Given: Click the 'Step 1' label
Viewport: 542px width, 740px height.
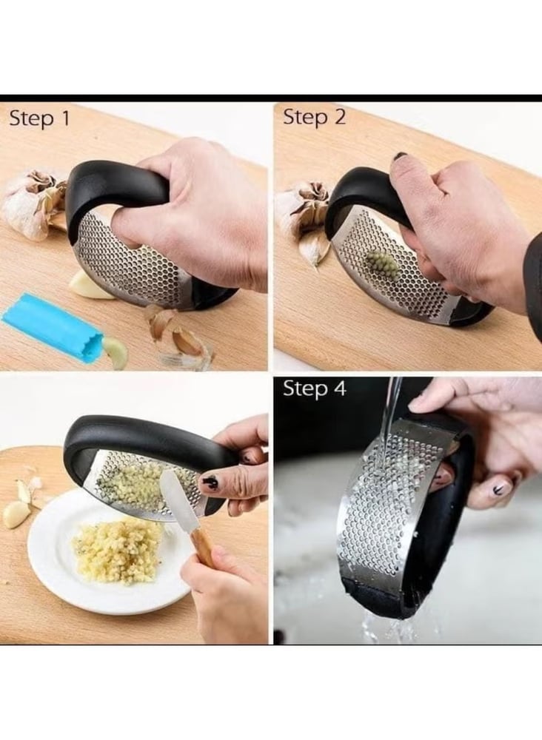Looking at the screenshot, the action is pyautogui.click(x=39, y=118).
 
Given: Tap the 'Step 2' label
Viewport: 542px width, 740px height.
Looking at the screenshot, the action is pyautogui.click(x=314, y=117).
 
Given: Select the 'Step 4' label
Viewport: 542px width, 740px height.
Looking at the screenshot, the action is pyautogui.click(x=315, y=388).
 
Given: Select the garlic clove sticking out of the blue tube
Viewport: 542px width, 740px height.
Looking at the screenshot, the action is pyautogui.click(x=116, y=351).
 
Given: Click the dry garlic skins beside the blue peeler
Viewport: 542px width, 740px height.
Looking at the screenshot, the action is pyautogui.click(x=177, y=334).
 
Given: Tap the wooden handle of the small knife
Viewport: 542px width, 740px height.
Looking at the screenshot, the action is pyautogui.click(x=203, y=547).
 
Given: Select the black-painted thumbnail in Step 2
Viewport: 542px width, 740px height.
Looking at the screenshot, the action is pyautogui.click(x=401, y=156).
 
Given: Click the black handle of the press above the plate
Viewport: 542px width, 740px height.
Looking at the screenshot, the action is pyautogui.click(x=141, y=437).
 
